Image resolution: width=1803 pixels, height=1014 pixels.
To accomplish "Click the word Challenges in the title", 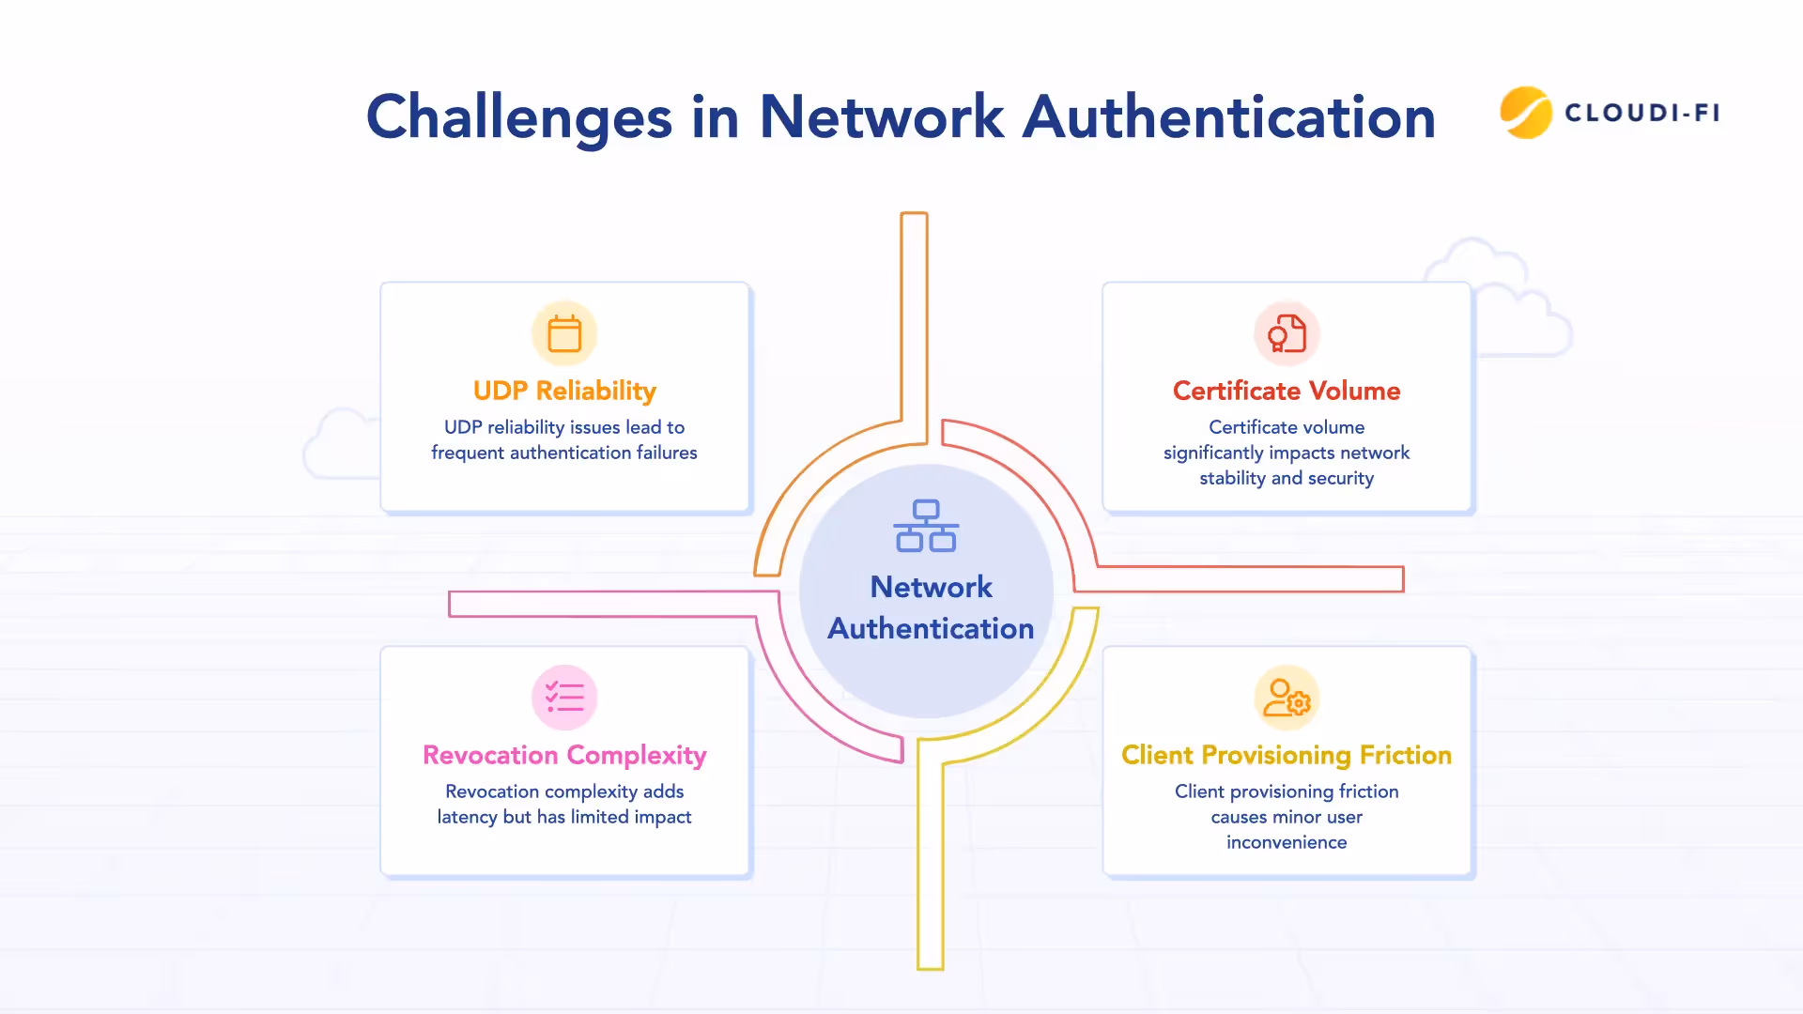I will point(518,118).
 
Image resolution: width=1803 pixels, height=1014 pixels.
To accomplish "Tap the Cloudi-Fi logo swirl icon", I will point(1525,113).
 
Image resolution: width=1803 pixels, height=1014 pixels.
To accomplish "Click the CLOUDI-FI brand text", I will point(1642,113).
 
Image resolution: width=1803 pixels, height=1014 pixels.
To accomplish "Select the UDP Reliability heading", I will point(564,391).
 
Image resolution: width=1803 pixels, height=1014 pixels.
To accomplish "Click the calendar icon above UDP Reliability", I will point(564,333).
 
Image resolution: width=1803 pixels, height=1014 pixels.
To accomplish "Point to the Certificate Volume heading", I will point(1287,391).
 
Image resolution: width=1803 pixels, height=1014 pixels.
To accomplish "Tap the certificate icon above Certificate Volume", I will point(1287,333).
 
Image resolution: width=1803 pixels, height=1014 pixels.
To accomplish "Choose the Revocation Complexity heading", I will point(564,755).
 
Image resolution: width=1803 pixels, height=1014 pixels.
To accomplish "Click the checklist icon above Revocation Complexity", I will point(564,698).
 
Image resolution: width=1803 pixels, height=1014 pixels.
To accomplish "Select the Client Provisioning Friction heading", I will point(1287,755).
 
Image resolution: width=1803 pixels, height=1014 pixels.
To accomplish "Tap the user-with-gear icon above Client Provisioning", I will point(1287,698).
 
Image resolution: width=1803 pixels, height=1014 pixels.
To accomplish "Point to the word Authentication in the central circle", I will point(931,628).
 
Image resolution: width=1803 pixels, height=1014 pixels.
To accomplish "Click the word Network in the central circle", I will point(931,587).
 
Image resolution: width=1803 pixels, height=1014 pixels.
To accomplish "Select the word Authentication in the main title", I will point(1228,118).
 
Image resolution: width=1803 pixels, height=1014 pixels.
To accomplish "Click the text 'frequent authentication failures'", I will point(564,453).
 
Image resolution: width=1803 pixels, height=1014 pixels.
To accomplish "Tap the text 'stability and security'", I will point(1287,478).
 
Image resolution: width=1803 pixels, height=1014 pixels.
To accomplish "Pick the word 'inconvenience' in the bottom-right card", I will point(1287,842).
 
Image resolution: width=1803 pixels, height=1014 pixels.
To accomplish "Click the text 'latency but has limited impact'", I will point(564,817).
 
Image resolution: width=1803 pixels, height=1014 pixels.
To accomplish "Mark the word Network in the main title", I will point(881,118).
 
